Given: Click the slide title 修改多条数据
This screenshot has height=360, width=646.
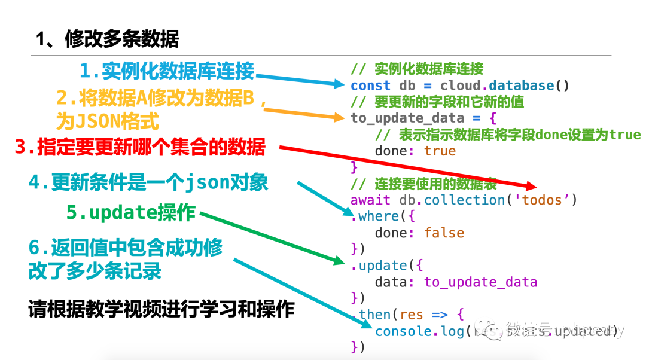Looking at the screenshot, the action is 107,39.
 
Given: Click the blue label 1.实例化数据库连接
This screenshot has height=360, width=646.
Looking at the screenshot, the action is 167,71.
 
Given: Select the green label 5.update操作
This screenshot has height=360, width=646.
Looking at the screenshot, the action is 131,212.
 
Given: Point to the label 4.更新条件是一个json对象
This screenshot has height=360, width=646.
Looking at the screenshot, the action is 148,182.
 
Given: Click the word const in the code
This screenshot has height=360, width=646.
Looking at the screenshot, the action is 370,86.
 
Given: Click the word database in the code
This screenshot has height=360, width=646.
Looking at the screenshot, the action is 522,86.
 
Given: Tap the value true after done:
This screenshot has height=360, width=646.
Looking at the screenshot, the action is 440,151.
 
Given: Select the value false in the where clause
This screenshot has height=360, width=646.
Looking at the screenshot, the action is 444,233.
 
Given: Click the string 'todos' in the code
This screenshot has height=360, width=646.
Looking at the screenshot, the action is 543,200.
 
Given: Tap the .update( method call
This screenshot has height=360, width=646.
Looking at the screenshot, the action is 382,266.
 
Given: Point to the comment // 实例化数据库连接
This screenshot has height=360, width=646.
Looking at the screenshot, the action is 417,69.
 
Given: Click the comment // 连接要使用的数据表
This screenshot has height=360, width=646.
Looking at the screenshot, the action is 424,184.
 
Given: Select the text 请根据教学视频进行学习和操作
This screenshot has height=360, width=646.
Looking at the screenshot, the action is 161,309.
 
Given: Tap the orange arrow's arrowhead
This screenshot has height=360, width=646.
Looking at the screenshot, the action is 337,117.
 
